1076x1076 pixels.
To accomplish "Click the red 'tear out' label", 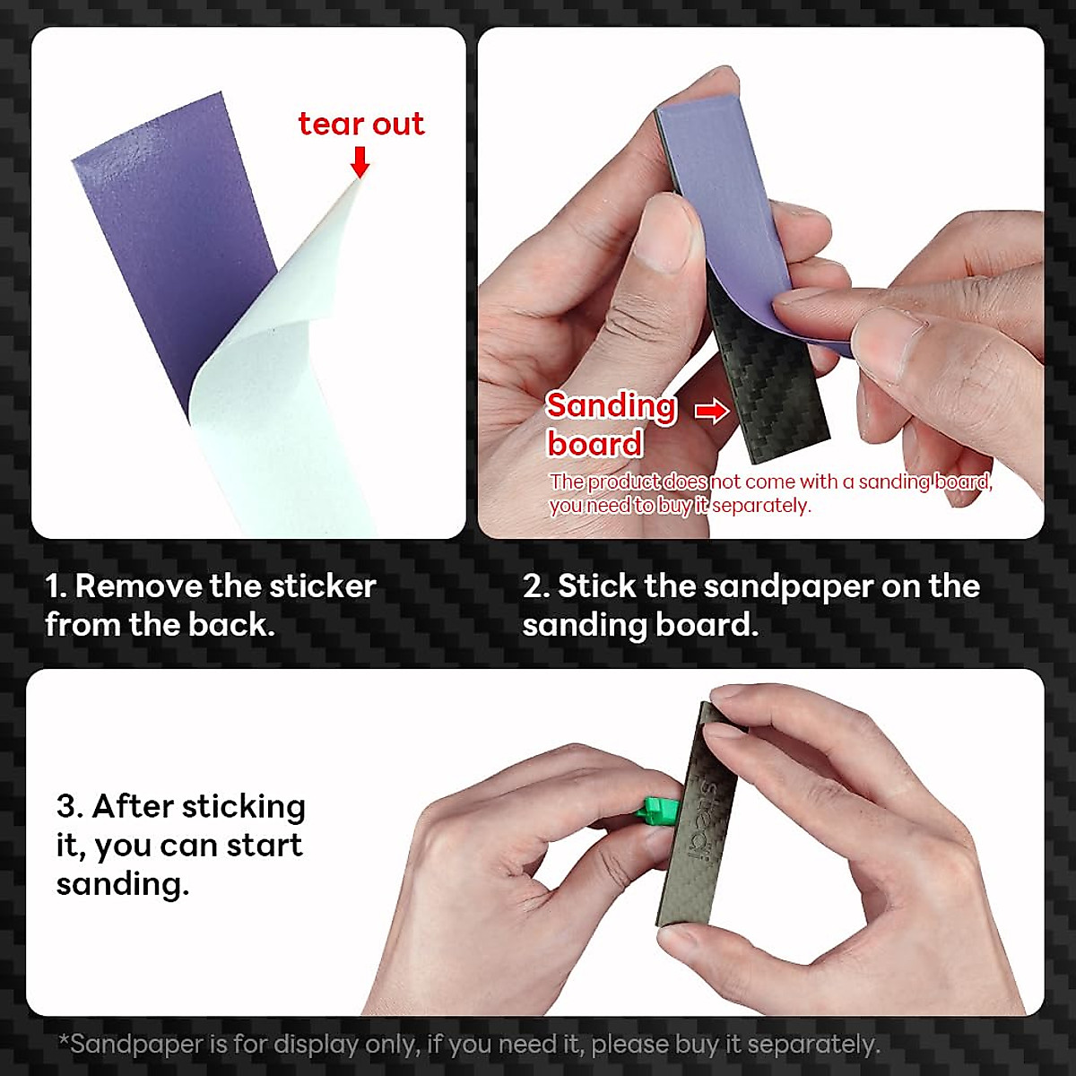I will point(360,124).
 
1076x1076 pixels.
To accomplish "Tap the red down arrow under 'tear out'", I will point(360,161).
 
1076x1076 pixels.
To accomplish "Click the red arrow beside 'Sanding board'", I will point(712,412).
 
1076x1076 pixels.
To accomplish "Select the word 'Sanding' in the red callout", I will point(611,406).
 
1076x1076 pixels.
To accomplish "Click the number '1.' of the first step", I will point(56,586).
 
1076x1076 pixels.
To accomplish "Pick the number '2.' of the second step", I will point(535,586).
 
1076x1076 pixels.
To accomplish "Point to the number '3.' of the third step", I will point(69,806).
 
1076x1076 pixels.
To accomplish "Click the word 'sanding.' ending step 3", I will point(123,884).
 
